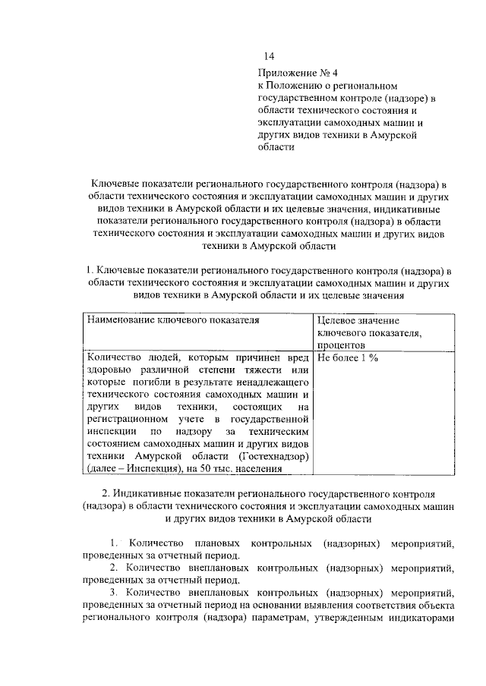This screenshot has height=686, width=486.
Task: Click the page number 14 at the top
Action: point(268,56)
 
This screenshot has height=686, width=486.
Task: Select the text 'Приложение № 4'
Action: point(293,73)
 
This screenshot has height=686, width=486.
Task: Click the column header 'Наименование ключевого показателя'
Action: point(173,320)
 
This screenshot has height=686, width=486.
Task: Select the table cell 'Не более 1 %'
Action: point(348,357)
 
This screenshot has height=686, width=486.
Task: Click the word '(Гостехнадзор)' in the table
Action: point(273,455)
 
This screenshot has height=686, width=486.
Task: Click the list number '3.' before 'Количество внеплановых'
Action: point(114,592)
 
